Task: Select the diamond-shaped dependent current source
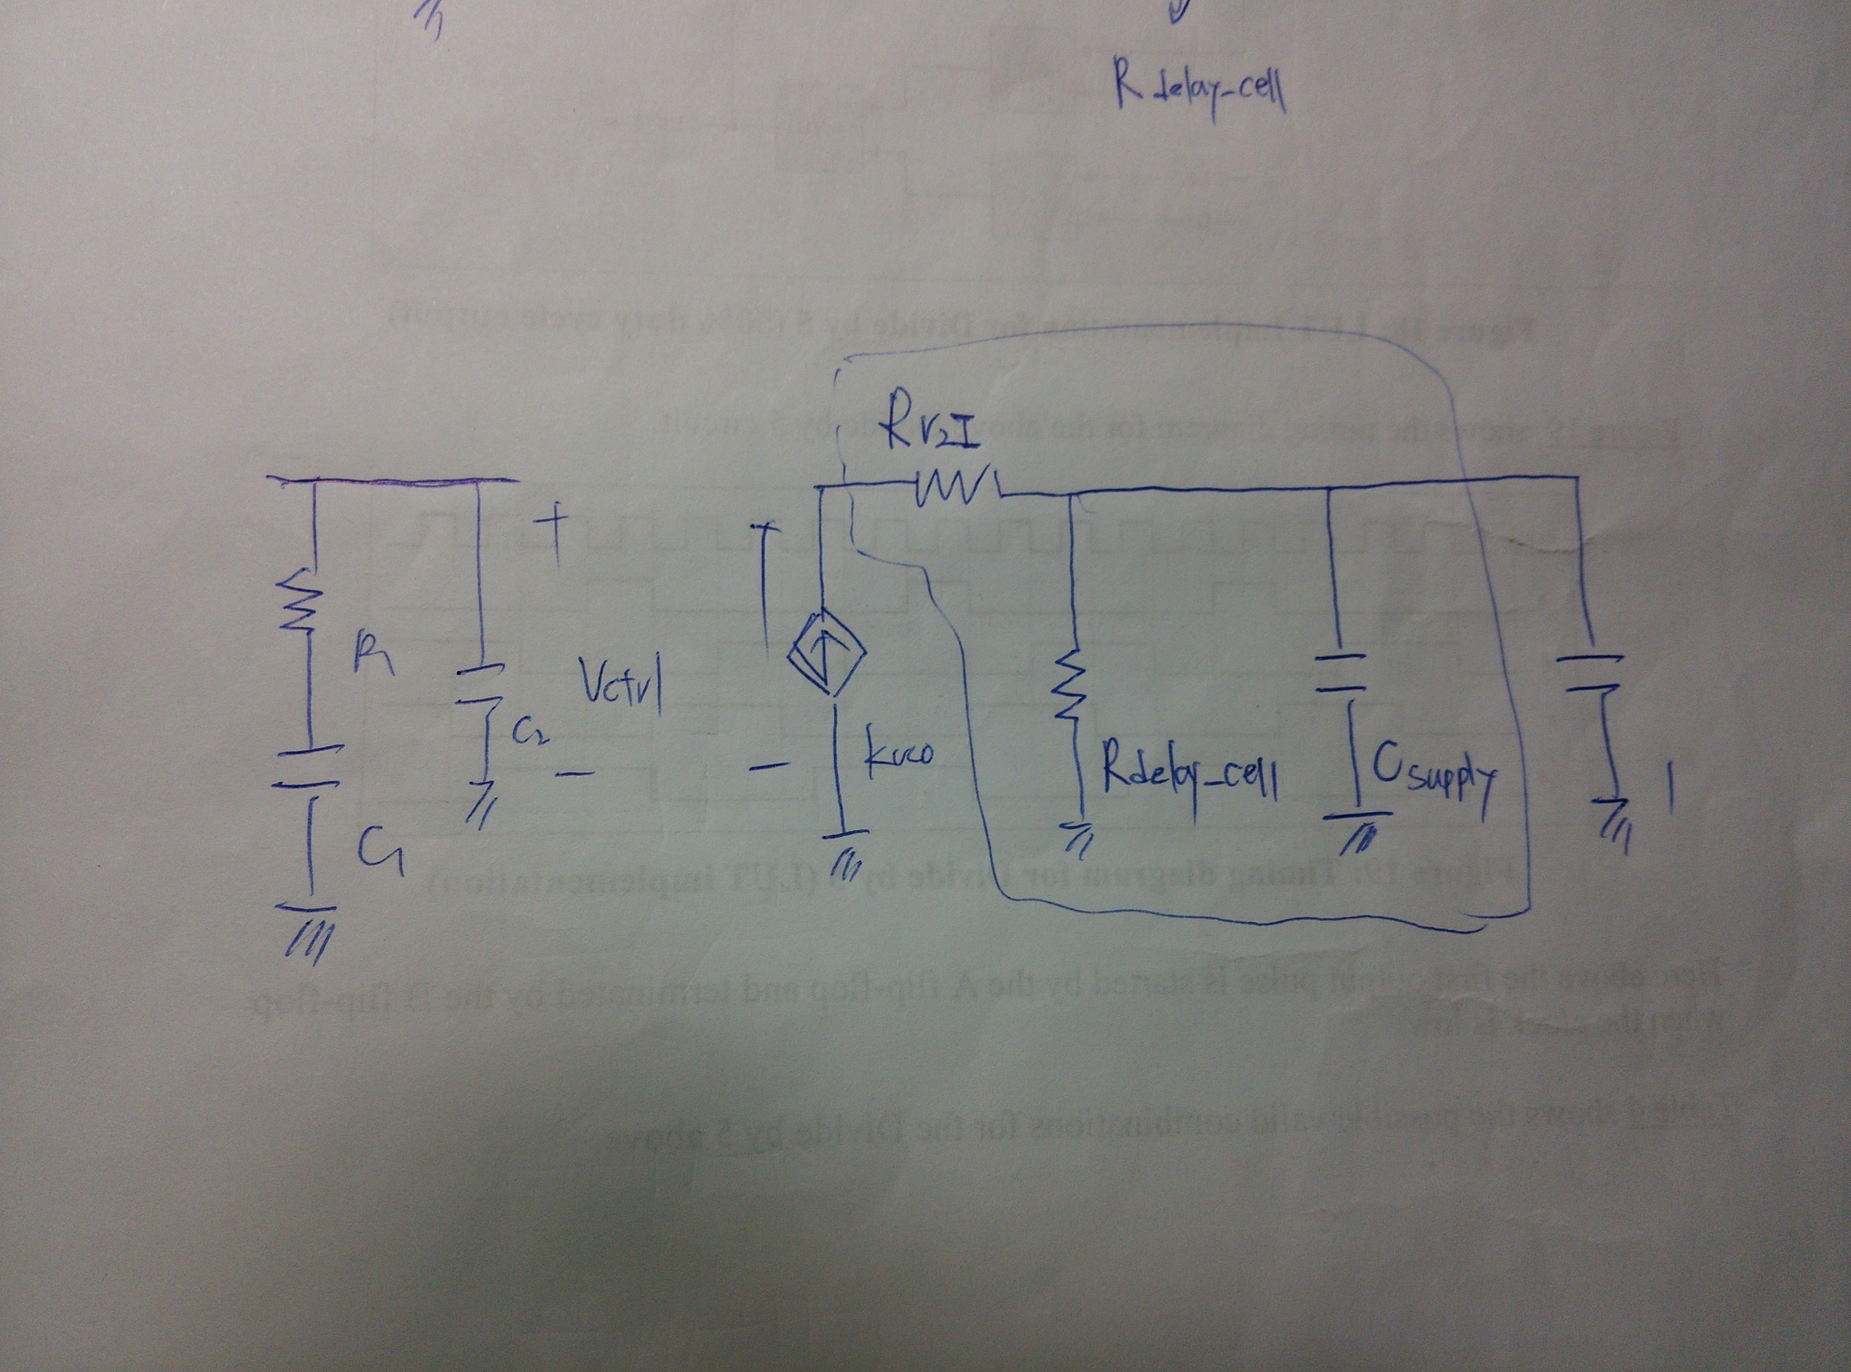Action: coord(826,657)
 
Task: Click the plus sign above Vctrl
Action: coord(555,529)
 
